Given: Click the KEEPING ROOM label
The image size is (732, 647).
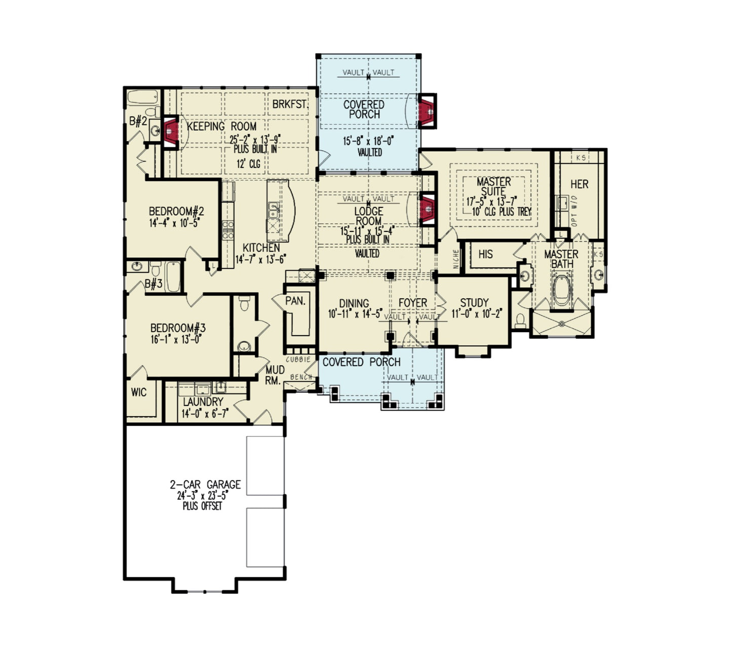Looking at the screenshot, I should tap(222, 127).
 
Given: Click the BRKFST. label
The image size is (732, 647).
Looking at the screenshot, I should tap(290, 104).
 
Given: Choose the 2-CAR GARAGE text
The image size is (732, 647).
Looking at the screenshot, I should tap(205, 484).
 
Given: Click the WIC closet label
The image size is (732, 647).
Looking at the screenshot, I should tap(139, 392).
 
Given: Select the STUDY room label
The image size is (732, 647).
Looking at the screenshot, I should tap(474, 303).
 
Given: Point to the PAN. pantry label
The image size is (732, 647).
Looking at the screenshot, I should tap(295, 301).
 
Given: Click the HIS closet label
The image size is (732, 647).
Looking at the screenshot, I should tap(485, 254).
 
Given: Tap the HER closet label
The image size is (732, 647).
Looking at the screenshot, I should tap(580, 184).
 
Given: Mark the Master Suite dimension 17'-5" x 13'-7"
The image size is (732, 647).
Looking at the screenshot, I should tap(491, 201).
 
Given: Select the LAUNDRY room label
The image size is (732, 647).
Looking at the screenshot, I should tap(203, 401).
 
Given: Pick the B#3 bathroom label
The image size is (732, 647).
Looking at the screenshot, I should tap(153, 284).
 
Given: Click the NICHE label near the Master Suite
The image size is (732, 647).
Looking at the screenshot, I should tap(456, 259).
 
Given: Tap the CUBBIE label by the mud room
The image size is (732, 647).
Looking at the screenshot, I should tap(298, 359).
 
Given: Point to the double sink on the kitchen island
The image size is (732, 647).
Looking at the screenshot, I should tap(274, 207).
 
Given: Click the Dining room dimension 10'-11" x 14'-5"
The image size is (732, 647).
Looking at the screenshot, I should tap(355, 314).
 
